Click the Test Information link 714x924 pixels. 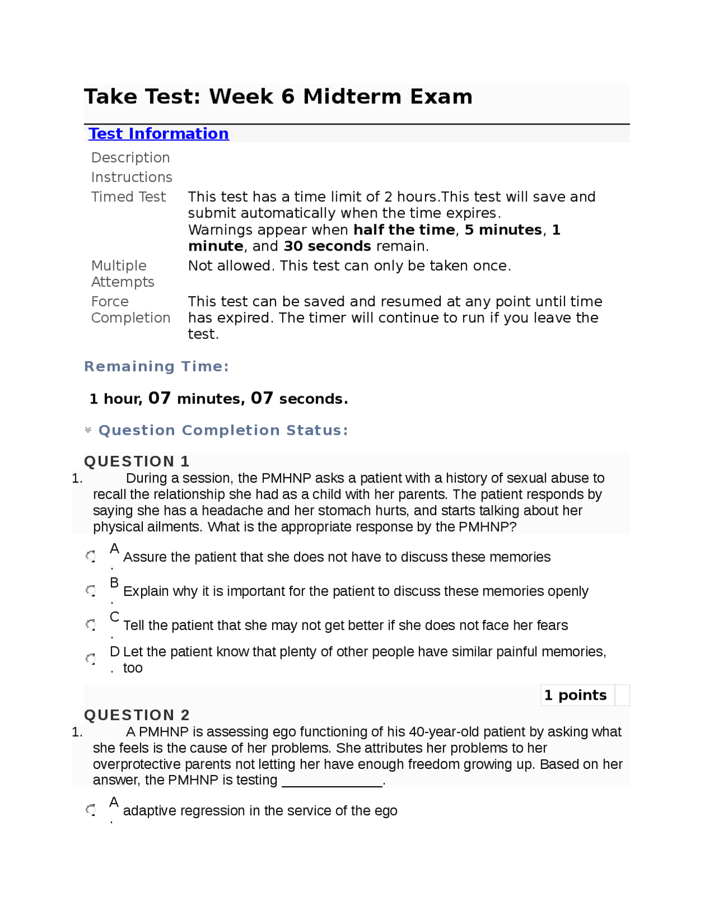click(158, 134)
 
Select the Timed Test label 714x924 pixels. click(128, 197)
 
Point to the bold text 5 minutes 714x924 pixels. click(503, 230)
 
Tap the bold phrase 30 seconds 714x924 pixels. click(327, 246)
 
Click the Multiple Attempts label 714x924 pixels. click(122, 273)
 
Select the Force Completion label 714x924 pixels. click(131, 310)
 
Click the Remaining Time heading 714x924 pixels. click(156, 367)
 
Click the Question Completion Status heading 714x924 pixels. click(223, 430)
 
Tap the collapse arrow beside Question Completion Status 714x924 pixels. click(88, 430)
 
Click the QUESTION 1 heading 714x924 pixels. click(137, 461)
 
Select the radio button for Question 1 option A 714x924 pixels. click(91, 556)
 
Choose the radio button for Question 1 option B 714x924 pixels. click(91, 590)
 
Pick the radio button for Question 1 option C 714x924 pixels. click(91, 624)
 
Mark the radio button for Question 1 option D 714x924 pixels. click(91, 659)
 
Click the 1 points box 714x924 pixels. click(576, 695)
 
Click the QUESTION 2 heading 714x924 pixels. click(137, 715)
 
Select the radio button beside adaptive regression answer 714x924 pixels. click(91, 810)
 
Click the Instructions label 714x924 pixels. click(132, 177)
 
